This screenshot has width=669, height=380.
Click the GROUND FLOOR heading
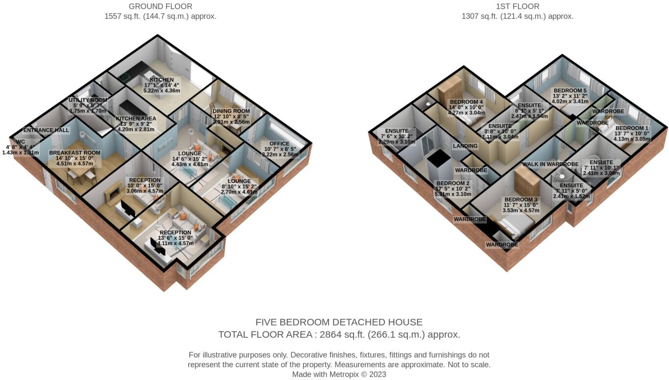pyautogui.click(x=160, y=6)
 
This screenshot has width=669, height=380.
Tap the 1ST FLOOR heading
pyautogui.click(x=517, y=6)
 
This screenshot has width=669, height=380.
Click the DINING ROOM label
pyautogui.click(x=231, y=111)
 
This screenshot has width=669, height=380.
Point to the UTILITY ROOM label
pyautogui.click(x=88, y=100)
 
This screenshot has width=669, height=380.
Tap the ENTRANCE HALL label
pyautogui.click(x=46, y=130)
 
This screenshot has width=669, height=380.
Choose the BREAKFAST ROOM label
pyautogui.click(x=74, y=152)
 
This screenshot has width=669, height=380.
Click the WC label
pyautogui.click(x=21, y=142)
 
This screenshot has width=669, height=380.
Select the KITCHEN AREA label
pyautogui.click(x=136, y=119)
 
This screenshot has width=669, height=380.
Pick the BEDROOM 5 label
pyautogui.click(x=570, y=91)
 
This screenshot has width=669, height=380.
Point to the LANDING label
pyautogui.click(x=465, y=146)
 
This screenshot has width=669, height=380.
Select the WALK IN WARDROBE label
pyautogui.click(x=550, y=164)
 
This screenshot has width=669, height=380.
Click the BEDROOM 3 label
pyautogui.click(x=521, y=199)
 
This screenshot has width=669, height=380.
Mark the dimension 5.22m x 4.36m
pyautogui.click(x=162, y=91)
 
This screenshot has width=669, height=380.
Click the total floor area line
pyautogui.click(x=339, y=335)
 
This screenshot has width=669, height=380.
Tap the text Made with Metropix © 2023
pyautogui.click(x=339, y=375)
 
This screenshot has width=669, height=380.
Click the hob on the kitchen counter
pyautogui.click(x=124, y=76)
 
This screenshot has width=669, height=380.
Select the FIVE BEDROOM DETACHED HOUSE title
pyautogui.click(x=339, y=322)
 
